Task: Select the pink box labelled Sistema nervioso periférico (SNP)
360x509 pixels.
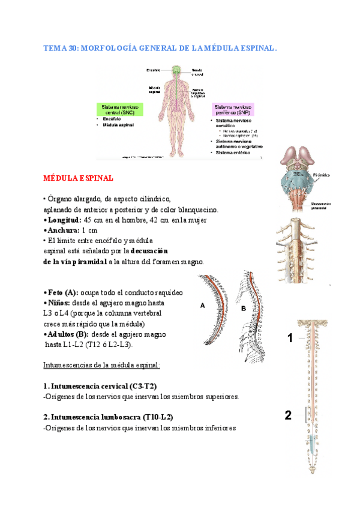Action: (232, 109)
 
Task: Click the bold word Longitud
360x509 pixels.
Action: (64, 220)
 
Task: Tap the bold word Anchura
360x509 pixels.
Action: (63, 230)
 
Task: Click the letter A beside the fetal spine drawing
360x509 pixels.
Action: (203, 305)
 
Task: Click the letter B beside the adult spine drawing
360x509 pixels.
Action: (244, 308)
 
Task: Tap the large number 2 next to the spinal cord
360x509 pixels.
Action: (289, 415)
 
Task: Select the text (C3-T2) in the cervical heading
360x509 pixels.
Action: (142, 386)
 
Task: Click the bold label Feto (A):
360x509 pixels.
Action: (62, 292)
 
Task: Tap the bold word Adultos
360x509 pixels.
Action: (64, 334)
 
